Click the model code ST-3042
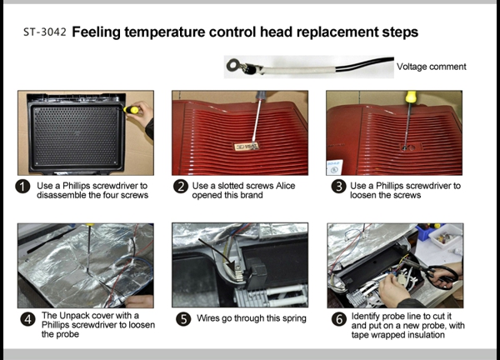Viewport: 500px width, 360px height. pyautogui.click(x=45, y=32)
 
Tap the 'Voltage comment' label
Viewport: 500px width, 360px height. pyautogui.click(x=431, y=67)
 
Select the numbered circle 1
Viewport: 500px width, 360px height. pyautogui.click(x=22, y=187)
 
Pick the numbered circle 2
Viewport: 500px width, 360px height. pyautogui.click(x=181, y=186)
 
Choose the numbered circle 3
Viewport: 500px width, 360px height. pyautogui.click(x=338, y=186)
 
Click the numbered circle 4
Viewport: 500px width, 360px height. pyautogui.click(x=28, y=319)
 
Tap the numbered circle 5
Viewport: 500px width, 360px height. pyautogui.click(x=183, y=319)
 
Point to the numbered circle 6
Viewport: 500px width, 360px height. pyautogui.click(x=339, y=319)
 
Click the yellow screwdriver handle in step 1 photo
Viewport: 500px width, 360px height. pyautogui.click(x=131, y=110)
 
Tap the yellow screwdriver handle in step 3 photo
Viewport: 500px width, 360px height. pyautogui.click(x=410, y=96)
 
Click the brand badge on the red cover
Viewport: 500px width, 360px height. pyautogui.click(x=246, y=147)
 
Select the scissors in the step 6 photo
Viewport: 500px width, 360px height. pyautogui.click(x=442, y=276)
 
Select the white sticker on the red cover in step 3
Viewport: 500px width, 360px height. pyautogui.click(x=334, y=167)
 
